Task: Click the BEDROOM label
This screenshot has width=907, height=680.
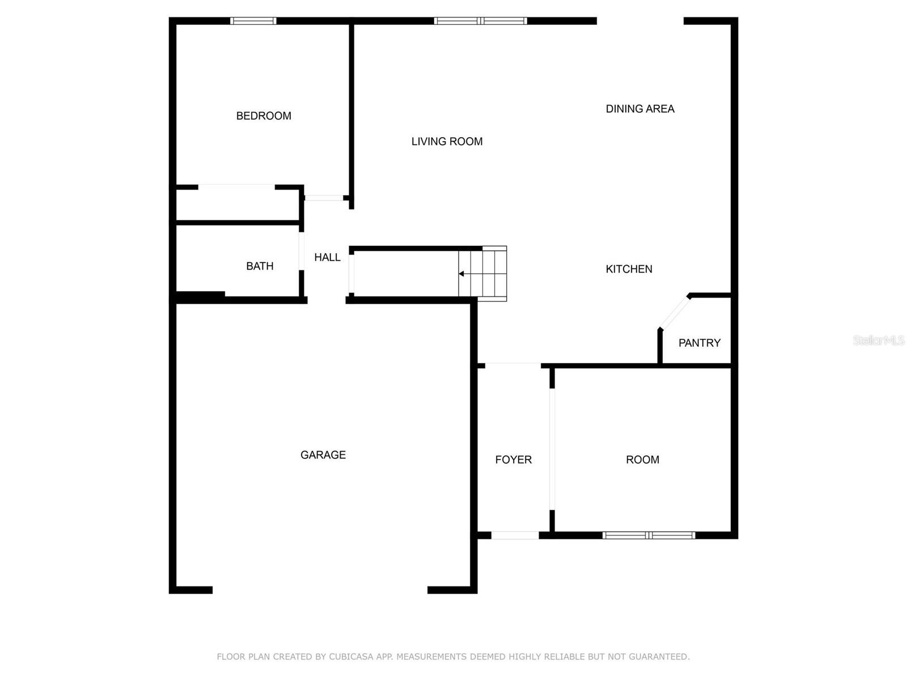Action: click(263, 116)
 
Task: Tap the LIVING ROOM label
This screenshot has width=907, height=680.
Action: click(447, 142)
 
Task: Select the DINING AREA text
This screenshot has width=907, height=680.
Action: click(639, 109)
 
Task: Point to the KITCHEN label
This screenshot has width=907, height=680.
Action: click(629, 269)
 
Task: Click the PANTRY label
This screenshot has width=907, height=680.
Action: click(699, 343)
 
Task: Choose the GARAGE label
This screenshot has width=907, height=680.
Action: click(323, 454)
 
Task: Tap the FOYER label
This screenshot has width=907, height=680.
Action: click(513, 460)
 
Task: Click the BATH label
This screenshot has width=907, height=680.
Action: click(260, 266)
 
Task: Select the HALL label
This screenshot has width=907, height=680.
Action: click(327, 258)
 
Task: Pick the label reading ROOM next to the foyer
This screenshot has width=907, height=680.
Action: click(642, 460)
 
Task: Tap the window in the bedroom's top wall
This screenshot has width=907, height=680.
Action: click(253, 21)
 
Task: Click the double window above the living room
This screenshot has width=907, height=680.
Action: click(480, 21)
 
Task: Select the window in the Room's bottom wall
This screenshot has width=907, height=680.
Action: click(649, 535)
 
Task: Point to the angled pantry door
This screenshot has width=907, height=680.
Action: click(675, 313)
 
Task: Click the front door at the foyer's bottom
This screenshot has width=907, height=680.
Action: click(515, 535)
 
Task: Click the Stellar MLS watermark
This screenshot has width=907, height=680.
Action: click(879, 340)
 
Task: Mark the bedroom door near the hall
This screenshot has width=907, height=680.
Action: click(324, 198)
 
